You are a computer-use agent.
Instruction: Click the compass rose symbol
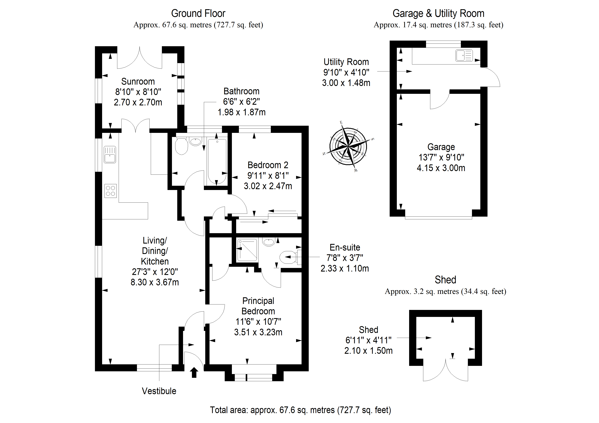tap(348, 147)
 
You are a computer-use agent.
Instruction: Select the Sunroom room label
tap(138, 82)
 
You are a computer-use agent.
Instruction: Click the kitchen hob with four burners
tap(110, 191)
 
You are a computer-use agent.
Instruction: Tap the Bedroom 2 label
tap(268, 165)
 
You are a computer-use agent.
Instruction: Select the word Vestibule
tap(159, 391)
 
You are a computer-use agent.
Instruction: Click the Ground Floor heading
tap(198, 13)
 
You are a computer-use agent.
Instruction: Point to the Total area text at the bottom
tap(300, 410)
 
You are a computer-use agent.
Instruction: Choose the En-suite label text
tap(345, 247)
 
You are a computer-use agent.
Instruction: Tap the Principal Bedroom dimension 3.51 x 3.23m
tap(258, 332)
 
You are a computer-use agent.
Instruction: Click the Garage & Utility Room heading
tap(438, 13)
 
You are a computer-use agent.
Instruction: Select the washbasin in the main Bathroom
tap(195, 142)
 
